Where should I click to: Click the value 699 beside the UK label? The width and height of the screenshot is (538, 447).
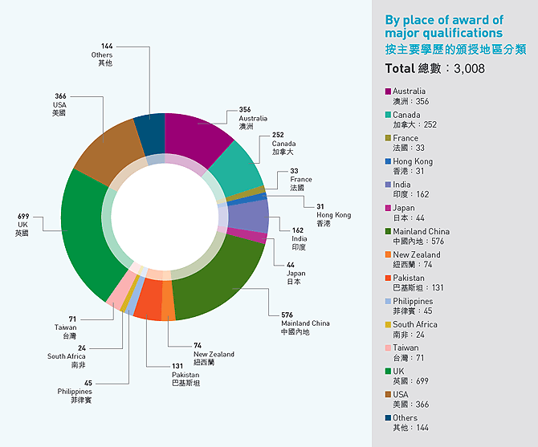click(24, 217)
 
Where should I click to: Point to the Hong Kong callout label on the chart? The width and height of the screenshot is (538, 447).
click(333, 215)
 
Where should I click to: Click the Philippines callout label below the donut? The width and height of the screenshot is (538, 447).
click(74, 392)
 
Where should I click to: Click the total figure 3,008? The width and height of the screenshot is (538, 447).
click(469, 69)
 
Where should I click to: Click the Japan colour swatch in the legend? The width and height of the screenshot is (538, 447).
click(388, 208)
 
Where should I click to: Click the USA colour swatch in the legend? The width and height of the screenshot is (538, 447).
click(388, 394)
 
